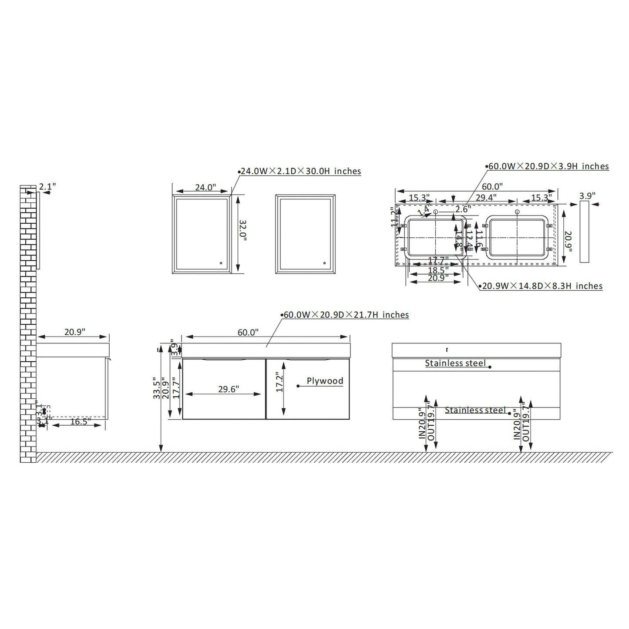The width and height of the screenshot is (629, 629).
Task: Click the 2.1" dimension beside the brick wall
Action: click(47, 186)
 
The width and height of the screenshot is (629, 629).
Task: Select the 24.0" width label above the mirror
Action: click(205, 188)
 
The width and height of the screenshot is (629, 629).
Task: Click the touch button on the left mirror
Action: click(221, 263)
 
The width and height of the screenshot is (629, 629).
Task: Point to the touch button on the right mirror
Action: click(324, 263)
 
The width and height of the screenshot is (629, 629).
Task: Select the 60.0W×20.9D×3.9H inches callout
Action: click(548, 166)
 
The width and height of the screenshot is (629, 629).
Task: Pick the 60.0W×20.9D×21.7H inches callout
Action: click(346, 315)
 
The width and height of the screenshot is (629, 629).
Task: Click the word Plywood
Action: click(325, 381)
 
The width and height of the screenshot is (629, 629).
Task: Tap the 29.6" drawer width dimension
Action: click(228, 389)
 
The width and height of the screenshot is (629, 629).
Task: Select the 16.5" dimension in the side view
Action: click(78, 421)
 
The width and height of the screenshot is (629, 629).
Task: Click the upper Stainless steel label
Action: click(455, 363)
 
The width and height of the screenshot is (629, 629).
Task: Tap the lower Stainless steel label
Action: click(475, 410)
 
